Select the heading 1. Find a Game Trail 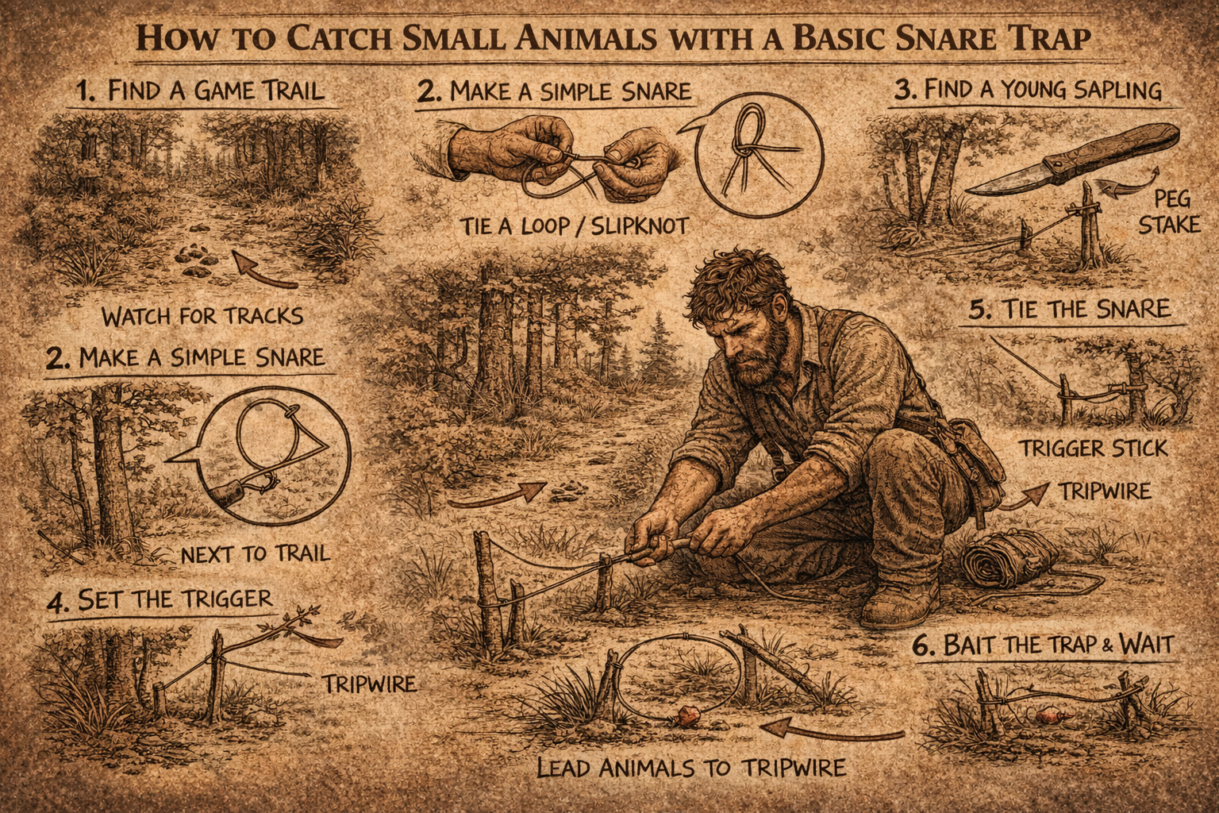(x=202, y=90)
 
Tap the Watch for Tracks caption (x=202, y=316)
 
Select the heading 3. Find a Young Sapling (x=1027, y=90)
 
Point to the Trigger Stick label (x=1093, y=449)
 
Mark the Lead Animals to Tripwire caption (x=690, y=768)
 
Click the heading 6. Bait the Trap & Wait (x=1041, y=644)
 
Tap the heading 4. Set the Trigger (x=159, y=599)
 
